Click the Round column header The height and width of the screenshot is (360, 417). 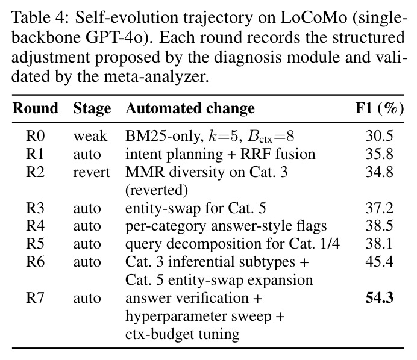pos(35,108)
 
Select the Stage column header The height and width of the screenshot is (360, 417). pos(92,109)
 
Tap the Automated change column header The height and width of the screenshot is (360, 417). pos(190,109)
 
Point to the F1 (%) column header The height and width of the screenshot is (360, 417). pos(380,109)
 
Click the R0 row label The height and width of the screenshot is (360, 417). pos(35,136)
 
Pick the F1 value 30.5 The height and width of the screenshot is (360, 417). pos(379,136)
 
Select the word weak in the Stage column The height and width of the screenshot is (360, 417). pos(90,136)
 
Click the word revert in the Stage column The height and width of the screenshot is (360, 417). pos(92,172)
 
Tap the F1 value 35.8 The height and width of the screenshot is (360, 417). pos(379,154)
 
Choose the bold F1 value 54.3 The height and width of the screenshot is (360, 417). pos(380,298)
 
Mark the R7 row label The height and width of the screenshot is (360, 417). pos(35,298)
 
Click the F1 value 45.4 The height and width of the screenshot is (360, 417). pos(379,262)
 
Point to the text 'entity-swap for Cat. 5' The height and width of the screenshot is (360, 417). pos(195,208)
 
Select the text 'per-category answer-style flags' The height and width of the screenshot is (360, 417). pos(226,226)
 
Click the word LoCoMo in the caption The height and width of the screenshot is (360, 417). pos(314,18)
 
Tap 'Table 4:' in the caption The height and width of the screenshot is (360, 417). pos(40,18)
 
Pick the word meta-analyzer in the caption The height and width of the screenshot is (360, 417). pos(156,77)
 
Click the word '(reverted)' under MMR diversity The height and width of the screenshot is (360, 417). pos(157,191)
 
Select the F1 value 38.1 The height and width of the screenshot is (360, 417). pos(379,244)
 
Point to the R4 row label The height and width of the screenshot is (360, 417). pos(35,226)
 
